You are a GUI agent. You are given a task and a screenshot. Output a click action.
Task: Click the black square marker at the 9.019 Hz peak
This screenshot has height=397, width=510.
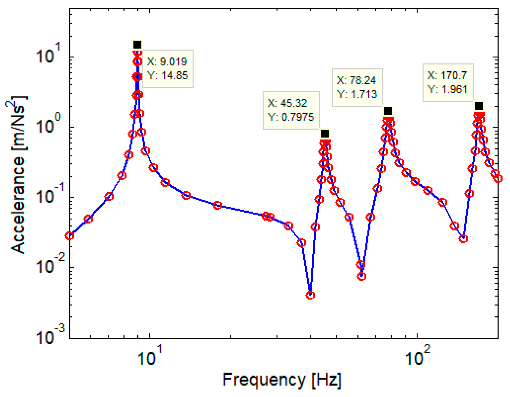coord(137,45)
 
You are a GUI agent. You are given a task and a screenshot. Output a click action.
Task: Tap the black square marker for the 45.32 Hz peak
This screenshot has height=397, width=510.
coord(325,134)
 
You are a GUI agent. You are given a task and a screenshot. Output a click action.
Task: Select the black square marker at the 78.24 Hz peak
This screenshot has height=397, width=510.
coord(388,111)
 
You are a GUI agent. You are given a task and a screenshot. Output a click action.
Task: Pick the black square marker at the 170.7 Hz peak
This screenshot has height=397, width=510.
coord(479,106)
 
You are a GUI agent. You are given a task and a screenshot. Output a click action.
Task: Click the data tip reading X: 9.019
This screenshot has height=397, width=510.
coord(167,62)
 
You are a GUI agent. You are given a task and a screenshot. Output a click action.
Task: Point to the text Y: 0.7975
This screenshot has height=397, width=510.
coord(291,117)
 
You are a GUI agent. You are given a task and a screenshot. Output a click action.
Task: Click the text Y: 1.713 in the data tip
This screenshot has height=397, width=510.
coord(357,94)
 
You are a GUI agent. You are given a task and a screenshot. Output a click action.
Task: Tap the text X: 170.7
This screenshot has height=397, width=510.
coord(447,75)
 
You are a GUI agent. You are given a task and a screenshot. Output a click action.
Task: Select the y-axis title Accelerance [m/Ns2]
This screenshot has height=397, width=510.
coord(17,174)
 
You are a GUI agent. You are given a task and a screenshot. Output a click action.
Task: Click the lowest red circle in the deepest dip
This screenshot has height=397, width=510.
coord(310,295)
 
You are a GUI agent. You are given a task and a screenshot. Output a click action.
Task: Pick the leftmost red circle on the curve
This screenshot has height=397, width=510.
coord(70,236)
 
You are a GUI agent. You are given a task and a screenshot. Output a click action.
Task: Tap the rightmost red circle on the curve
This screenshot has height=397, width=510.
coord(498,179)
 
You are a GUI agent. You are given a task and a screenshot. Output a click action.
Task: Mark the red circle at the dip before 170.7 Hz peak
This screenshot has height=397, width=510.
coord(463,239)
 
